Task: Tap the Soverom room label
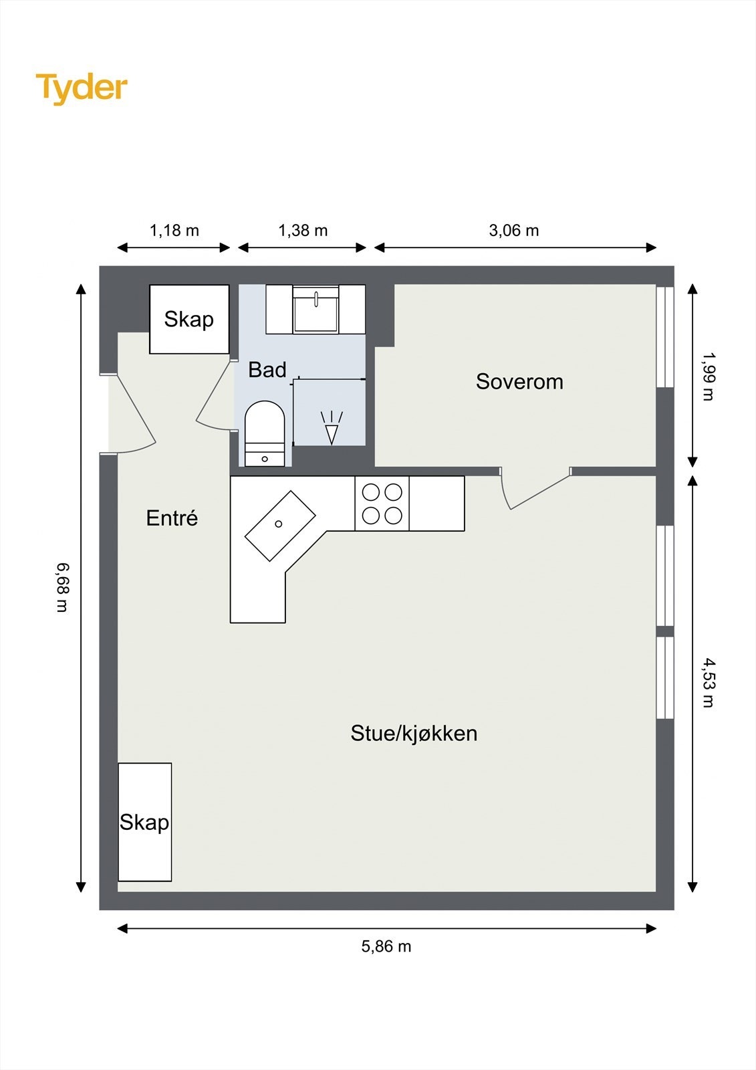point(519,382)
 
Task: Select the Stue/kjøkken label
point(414,733)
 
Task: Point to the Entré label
point(172,518)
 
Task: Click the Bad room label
point(267,370)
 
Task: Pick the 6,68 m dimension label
point(63,587)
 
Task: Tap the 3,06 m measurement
point(514,231)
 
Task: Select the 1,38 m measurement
point(303,231)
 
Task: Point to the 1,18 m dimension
point(174,231)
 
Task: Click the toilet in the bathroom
point(265,434)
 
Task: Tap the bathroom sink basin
point(316,310)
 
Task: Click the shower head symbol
point(332,427)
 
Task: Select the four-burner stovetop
point(382,504)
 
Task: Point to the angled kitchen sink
point(280,526)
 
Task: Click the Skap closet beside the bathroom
point(189,319)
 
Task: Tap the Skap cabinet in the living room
point(144,822)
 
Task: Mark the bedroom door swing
point(535,489)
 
